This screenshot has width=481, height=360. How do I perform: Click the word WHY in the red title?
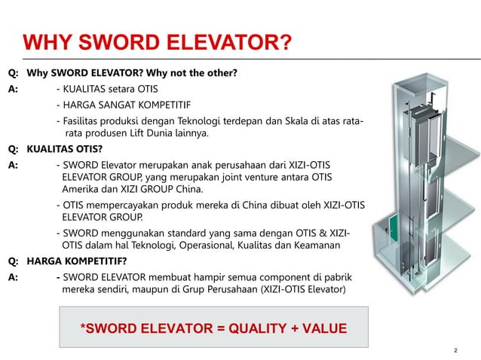tap(47, 41)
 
